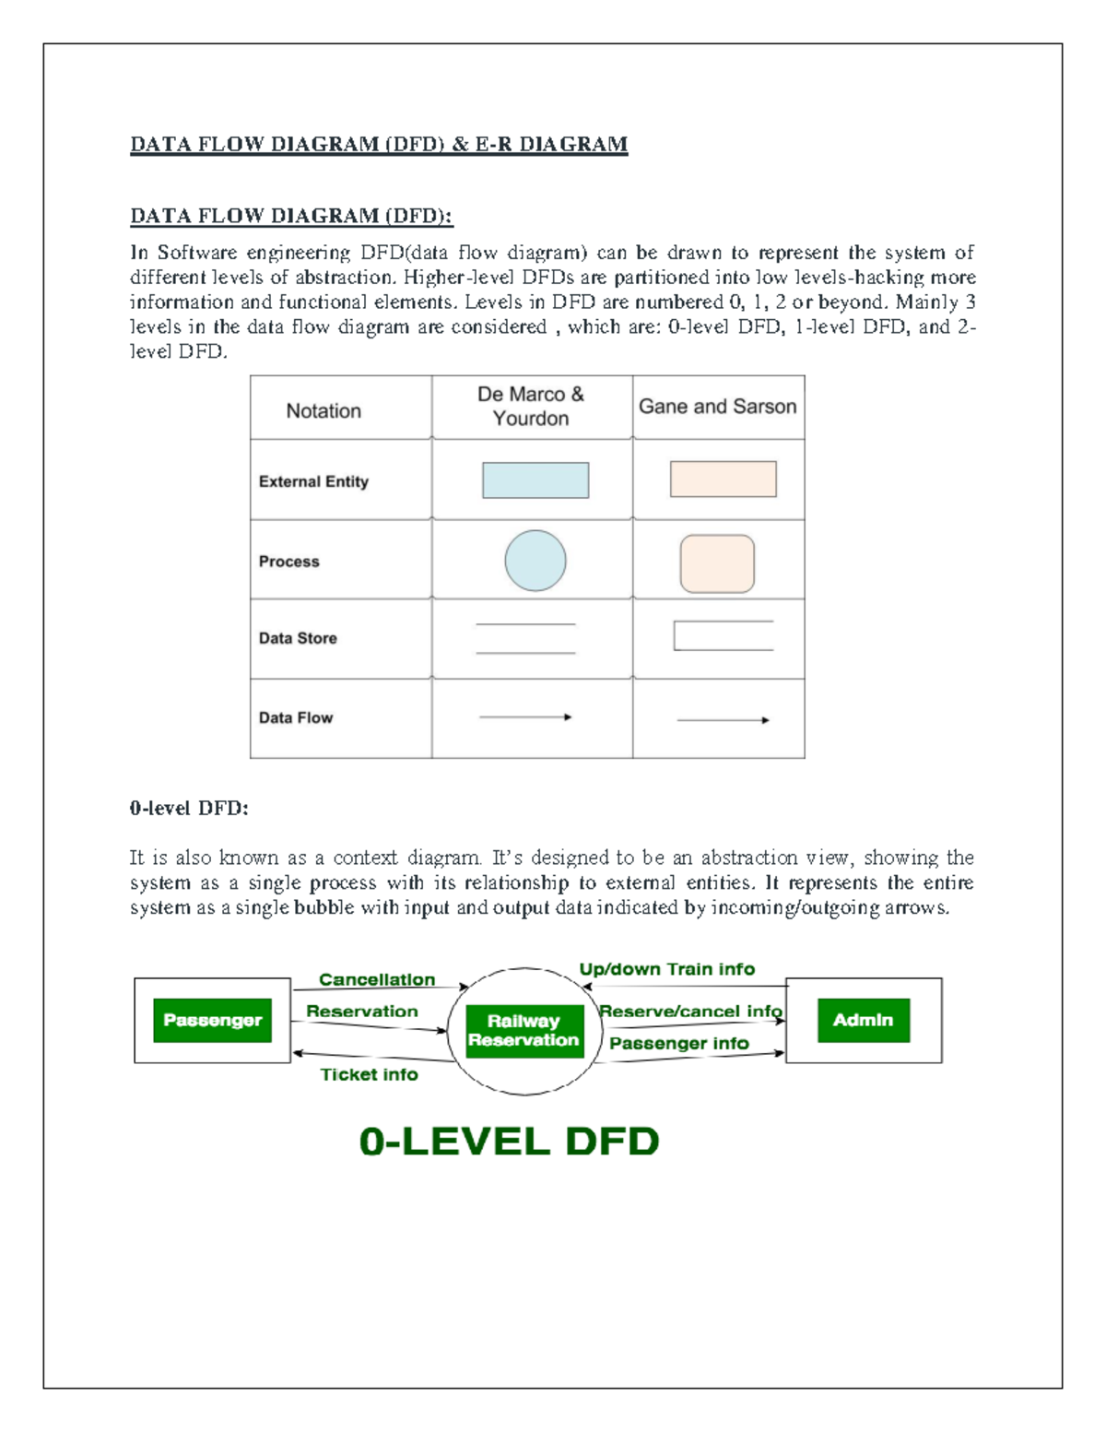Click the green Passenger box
click(212, 1020)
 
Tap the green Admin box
click(864, 1020)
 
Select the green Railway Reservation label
click(524, 1031)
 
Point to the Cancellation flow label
click(377, 979)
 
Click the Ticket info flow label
click(369, 1074)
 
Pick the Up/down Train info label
click(666, 969)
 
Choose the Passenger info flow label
click(678, 1043)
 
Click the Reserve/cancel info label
click(690, 1011)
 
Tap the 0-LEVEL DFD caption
click(509, 1142)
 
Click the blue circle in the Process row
click(535, 561)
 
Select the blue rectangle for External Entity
click(535, 480)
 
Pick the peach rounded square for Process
click(717, 563)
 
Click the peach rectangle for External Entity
click(723, 479)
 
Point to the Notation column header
click(324, 411)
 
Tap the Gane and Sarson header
click(717, 407)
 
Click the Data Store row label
click(298, 638)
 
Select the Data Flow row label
click(296, 717)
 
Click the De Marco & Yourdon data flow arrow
click(525, 716)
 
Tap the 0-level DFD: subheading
click(189, 809)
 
